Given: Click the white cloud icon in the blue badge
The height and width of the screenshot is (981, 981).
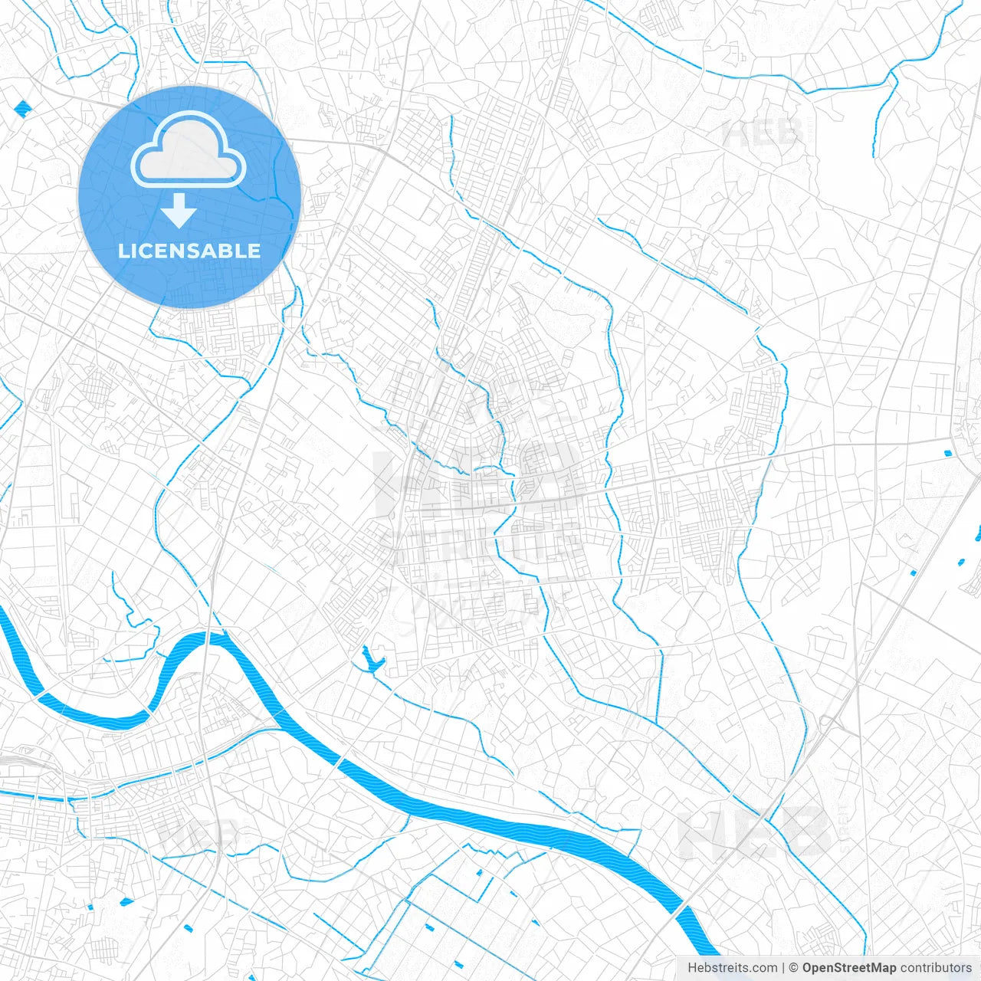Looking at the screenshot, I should [189, 150].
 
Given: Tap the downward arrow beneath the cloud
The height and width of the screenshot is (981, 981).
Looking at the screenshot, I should [179, 211].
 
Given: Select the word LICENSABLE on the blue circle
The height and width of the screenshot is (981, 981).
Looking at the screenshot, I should [189, 251].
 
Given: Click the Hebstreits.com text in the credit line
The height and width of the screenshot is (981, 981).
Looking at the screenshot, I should [732, 968].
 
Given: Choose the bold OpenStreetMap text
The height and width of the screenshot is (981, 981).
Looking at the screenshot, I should [848, 968].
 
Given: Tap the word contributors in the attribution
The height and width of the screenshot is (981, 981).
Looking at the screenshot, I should [936, 968].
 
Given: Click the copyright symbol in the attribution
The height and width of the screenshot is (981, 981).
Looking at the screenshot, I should [794, 968].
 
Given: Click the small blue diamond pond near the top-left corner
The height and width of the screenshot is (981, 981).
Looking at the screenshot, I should [21, 109].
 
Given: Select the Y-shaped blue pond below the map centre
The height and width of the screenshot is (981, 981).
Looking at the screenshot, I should [372, 660].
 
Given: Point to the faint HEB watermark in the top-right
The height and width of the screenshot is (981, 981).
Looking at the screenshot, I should [763, 134].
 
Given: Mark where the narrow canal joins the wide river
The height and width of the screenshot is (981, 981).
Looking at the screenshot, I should [274, 722].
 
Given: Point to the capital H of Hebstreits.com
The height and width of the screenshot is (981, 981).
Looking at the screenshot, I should [692, 968].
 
